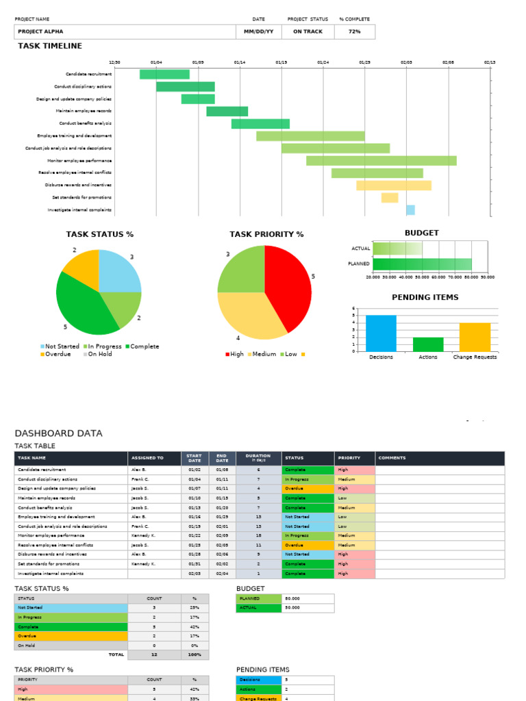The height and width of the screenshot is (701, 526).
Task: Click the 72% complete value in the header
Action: pos(354,31)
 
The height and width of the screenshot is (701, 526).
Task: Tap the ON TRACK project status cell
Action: pos(308,31)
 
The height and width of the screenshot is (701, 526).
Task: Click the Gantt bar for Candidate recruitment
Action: pos(164,74)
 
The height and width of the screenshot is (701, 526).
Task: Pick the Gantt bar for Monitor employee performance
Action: pos(381,160)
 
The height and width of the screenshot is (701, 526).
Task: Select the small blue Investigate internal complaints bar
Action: pos(410,210)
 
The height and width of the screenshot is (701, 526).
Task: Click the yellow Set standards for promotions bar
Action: pos(390,198)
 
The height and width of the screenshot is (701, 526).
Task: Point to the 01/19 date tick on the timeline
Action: pos(281,62)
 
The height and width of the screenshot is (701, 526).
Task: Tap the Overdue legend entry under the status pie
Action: pos(58,354)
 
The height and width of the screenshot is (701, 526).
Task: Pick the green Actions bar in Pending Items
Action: pos(428,344)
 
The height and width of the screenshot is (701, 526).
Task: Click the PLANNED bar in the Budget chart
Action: pos(422,264)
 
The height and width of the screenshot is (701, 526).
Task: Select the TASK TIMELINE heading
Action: pos(49,46)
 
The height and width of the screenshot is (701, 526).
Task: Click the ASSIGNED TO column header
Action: pos(147,458)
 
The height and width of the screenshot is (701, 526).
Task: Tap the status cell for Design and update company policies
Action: pos(308,489)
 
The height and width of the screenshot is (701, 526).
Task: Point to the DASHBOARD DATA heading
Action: pos(58,433)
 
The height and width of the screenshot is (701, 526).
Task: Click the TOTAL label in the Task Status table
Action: pos(116,654)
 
